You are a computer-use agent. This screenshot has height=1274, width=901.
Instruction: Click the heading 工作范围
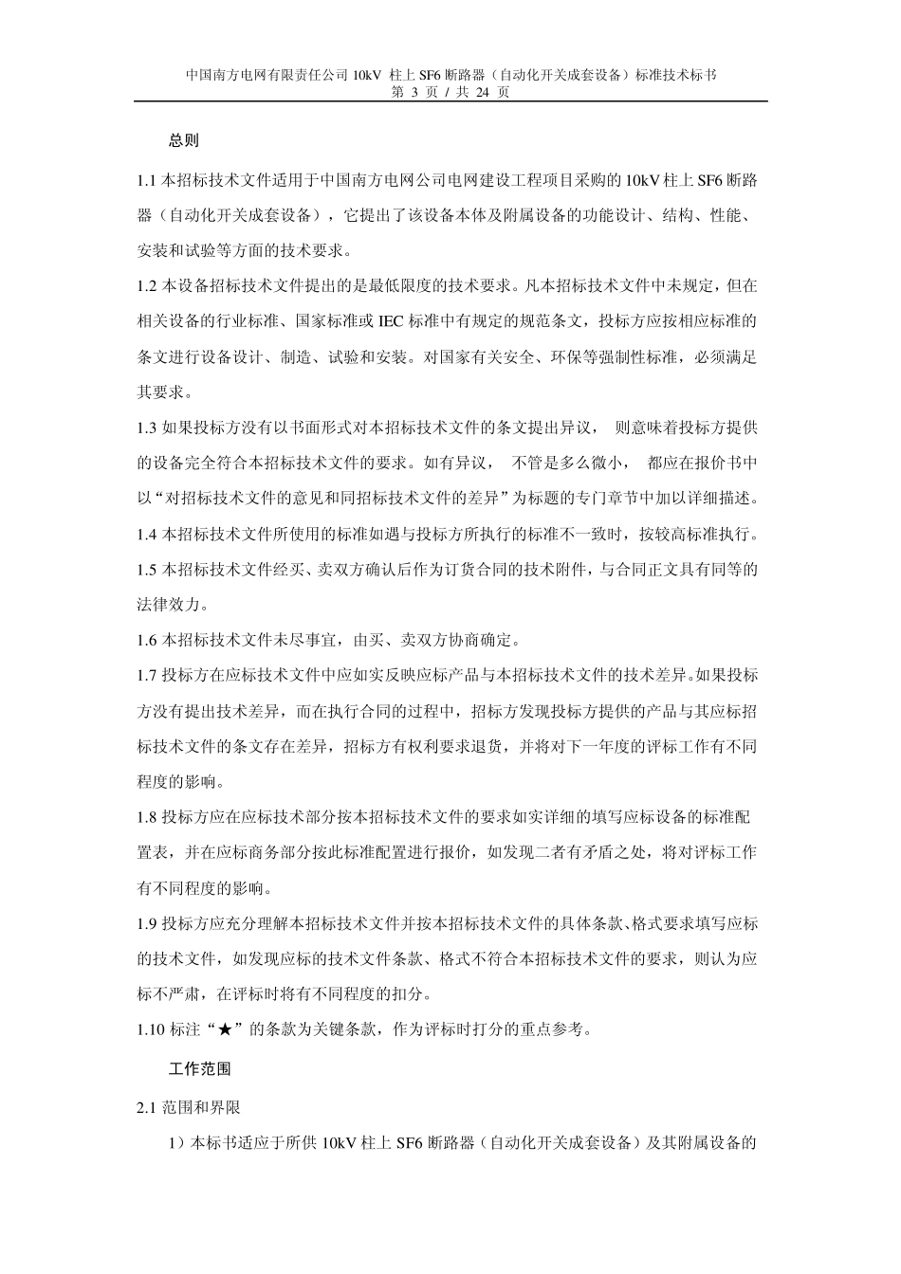pyautogui.click(x=199, y=1068)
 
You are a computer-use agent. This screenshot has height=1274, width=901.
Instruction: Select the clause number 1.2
pyautogui.click(x=146, y=285)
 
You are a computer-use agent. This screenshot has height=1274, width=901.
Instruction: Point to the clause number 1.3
pyautogui.click(x=146, y=428)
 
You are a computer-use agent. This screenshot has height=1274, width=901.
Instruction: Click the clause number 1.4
pyautogui.click(x=146, y=535)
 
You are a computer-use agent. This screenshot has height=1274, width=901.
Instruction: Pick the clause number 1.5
pyautogui.click(x=146, y=570)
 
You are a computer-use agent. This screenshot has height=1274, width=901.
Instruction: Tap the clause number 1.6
pyautogui.click(x=146, y=641)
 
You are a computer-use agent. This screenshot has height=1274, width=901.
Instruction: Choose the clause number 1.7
pyautogui.click(x=146, y=676)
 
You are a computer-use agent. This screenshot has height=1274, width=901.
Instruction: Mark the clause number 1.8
pyautogui.click(x=146, y=817)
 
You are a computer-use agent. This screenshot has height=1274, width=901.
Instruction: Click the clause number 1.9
pyautogui.click(x=146, y=923)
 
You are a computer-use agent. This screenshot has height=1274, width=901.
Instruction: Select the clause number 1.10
pyautogui.click(x=150, y=1029)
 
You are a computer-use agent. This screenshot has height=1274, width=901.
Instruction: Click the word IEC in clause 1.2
pyautogui.click(x=391, y=321)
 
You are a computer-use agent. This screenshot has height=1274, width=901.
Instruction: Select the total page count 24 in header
pyautogui.click(x=482, y=92)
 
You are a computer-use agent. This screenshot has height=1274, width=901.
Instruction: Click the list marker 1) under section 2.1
pyautogui.click(x=177, y=1142)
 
